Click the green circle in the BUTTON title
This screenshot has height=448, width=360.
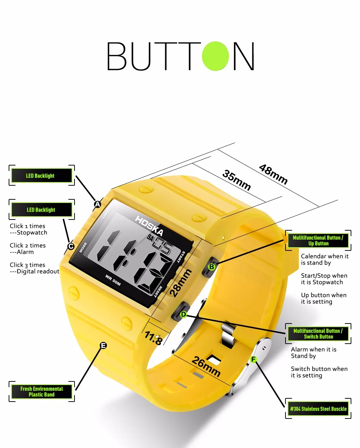[x=215, y=56]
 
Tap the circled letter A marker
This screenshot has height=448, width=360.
[x=98, y=204]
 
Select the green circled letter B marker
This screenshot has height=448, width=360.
[x=212, y=267]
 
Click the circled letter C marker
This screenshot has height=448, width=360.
[x=71, y=246]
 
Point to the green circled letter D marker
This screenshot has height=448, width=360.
[x=183, y=314]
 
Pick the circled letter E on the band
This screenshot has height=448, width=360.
[x=103, y=345]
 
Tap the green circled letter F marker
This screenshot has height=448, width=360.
[x=253, y=359]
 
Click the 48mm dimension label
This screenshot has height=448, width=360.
[x=273, y=174]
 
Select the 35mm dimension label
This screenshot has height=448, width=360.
[x=237, y=180]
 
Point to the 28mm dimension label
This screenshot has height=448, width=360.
[x=180, y=283]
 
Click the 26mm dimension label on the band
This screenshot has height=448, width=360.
[x=206, y=367]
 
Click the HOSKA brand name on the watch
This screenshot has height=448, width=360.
[x=149, y=226]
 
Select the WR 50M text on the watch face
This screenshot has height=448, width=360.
[x=113, y=280]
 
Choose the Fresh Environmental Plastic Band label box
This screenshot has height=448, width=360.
[x=42, y=392]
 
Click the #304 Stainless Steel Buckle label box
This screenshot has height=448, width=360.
[x=318, y=409]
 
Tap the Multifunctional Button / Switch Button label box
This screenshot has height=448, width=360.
[x=318, y=334]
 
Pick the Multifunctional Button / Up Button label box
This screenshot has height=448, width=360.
[x=318, y=240]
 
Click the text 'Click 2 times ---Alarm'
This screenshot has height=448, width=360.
[x=28, y=249]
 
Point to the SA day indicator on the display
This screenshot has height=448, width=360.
[x=150, y=238]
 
